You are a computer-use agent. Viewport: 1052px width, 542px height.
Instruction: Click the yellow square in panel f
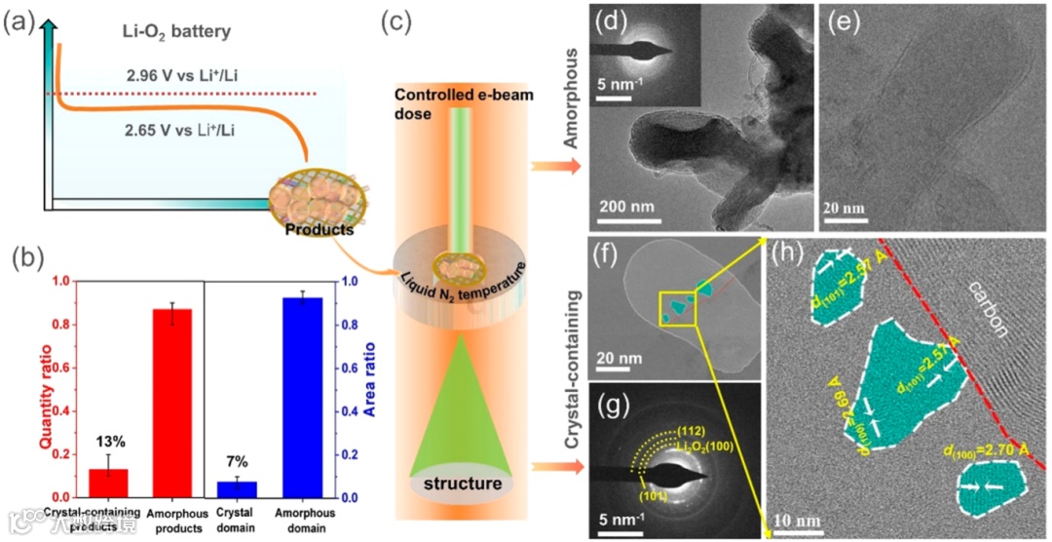[x=678, y=308]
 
